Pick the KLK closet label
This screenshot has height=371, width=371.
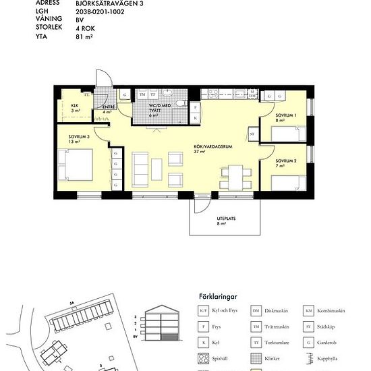coord(75,105)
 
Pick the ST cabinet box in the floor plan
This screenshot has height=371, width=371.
coord(252,135)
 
